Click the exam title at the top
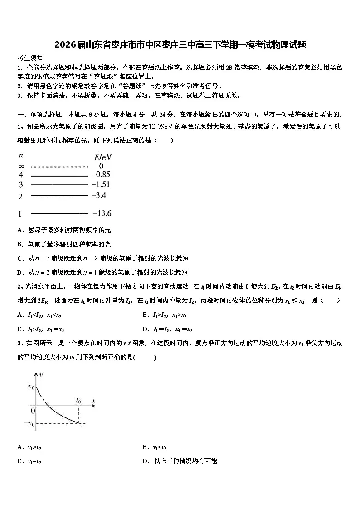coord(180,45)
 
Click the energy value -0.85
coord(101,174)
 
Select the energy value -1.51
coord(101,184)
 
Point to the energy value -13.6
coord(102,213)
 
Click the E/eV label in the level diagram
coord(103,157)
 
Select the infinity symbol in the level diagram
coord(21,166)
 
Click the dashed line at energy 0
coord(59,166)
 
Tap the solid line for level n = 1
coord(59,213)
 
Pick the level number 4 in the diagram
coord(20,175)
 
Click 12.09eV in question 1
coord(162,127)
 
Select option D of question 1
coord(102,272)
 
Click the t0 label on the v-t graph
coord(78,400)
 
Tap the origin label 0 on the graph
coord(32,411)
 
